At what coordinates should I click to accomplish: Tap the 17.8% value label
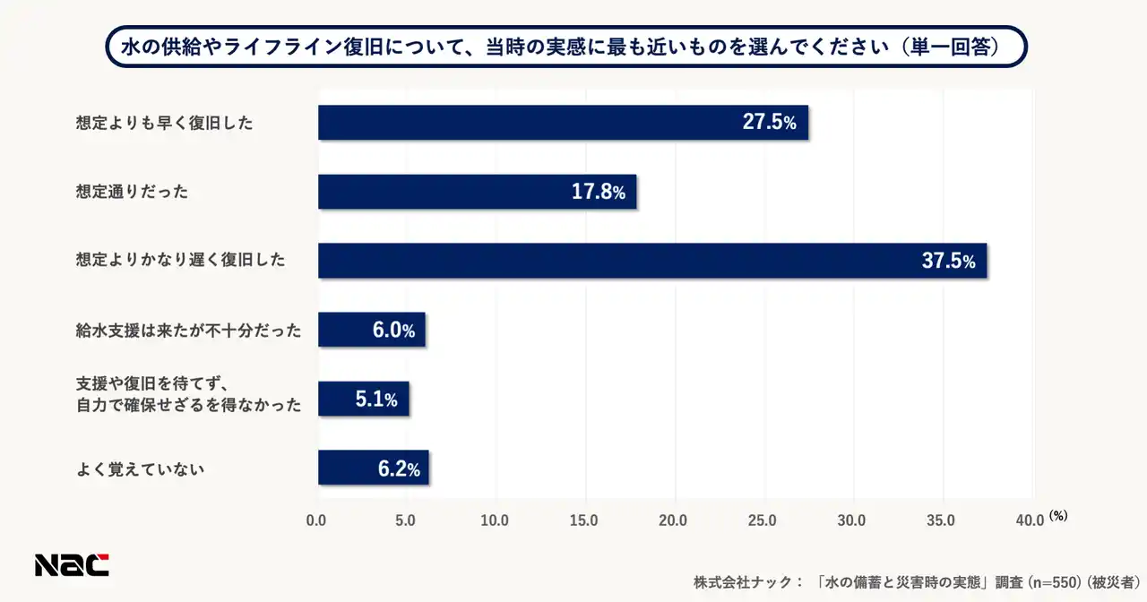point(599,192)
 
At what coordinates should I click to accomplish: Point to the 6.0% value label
point(393,330)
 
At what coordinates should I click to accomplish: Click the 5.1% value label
point(376,399)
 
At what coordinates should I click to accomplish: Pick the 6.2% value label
point(398,468)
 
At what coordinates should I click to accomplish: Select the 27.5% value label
point(769,123)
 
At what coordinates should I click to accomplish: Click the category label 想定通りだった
point(132,192)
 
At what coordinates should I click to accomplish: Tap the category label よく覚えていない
point(141,468)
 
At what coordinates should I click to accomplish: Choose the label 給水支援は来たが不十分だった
point(188,331)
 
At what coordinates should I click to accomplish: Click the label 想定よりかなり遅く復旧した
point(180,261)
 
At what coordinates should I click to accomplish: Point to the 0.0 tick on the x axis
point(316,520)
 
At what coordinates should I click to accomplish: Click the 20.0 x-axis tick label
point(673,520)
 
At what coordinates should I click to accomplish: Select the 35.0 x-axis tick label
point(940,520)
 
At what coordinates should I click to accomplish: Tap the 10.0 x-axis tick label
point(495,520)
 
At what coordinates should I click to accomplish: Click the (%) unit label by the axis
point(1058,515)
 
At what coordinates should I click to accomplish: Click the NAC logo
point(72,564)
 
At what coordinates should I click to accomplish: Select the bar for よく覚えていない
point(373,468)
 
